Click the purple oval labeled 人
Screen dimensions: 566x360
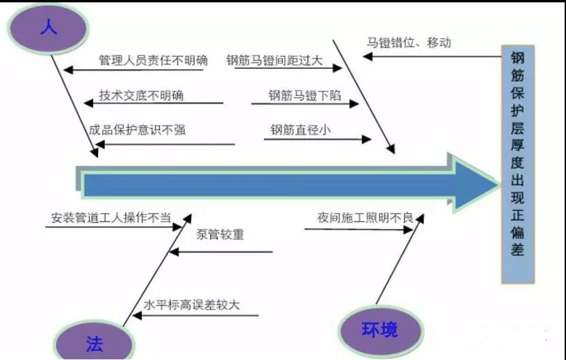click(x=48, y=29)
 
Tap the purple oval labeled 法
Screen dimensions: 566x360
click(x=94, y=341)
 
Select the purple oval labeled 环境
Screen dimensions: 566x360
click(x=380, y=329)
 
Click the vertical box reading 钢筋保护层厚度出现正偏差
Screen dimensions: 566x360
click(x=518, y=164)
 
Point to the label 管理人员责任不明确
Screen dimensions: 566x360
click(x=154, y=60)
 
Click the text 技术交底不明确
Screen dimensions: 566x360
click(x=141, y=95)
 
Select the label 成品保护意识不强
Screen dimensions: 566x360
click(x=137, y=129)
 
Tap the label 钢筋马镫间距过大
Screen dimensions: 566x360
click(x=274, y=61)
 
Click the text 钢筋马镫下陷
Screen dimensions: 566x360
click(x=305, y=95)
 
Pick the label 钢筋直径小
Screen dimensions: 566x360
click(x=301, y=129)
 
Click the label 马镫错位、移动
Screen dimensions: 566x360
click(x=409, y=42)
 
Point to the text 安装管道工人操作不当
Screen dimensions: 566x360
click(x=111, y=218)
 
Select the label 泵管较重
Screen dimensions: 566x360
click(x=220, y=234)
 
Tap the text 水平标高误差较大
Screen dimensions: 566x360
click(x=191, y=305)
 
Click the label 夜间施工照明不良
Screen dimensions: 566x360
click(x=365, y=218)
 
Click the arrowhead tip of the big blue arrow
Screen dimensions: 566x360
click(x=499, y=185)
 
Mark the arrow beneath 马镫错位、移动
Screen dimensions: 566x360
click(x=432, y=56)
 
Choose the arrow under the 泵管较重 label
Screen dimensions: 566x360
click(x=220, y=252)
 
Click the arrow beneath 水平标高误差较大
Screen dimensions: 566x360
click(x=195, y=315)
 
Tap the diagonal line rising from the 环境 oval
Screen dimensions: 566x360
click(x=400, y=259)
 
